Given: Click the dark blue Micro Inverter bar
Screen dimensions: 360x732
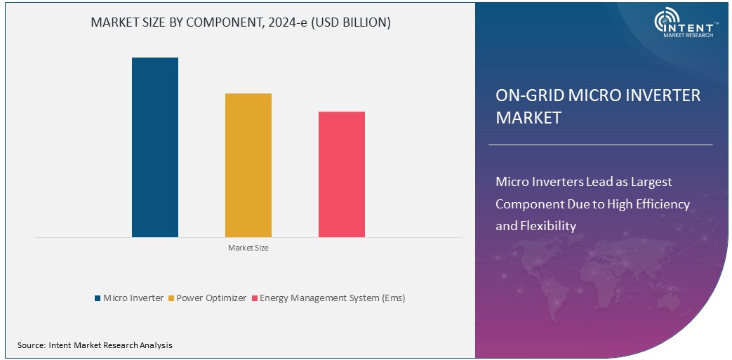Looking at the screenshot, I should pyautogui.click(x=155, y=147).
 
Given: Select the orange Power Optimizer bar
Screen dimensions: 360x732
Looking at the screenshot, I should pyautogui.click(x=248, y=165).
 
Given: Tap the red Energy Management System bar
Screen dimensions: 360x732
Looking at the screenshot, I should pyautogui.click(x=341, y=174).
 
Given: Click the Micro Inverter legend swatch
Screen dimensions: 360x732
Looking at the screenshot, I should pyautogui.click(x=98, y=298).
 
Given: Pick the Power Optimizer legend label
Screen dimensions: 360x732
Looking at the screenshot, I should pyautogui.click(x=211, y=298).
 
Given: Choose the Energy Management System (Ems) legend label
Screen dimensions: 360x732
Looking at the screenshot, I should pyautogui.click(x=332, y=298).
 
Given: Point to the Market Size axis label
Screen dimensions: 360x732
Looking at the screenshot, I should pyautogui.click(x=248, y=248).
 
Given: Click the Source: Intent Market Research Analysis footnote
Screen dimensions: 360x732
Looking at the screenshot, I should pyautogui.click(x=95, y=345).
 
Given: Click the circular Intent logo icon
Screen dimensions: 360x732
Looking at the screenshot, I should pyautogui.click(x=666, y=22).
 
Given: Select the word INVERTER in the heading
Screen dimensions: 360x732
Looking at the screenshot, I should pyautogui.click(x=664, y=95).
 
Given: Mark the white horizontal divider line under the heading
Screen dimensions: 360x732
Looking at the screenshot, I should pyautogui.click(x=600, y=145).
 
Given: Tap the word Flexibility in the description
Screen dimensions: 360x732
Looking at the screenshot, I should pyautogui.click(x=547, y=226).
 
